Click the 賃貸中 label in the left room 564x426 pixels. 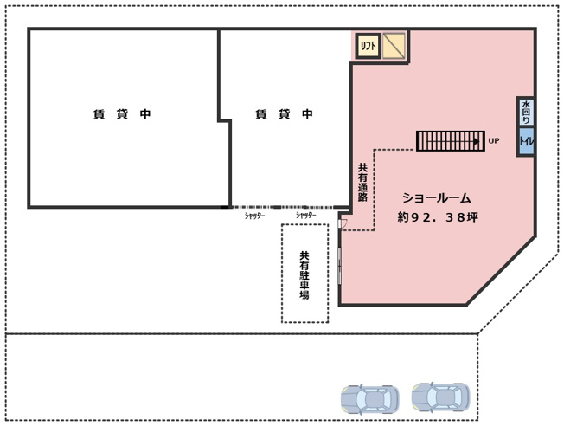click(x=122, y=114)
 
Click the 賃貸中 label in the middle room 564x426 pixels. click(x=284, y=114)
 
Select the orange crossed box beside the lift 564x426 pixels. click(x=394, y=45)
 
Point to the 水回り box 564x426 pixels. click(x=526, y=113)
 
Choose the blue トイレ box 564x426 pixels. click(x=526, y=141)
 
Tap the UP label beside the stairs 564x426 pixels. click(x=494, y=140)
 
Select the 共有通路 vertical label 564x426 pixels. click(x=362, y=182)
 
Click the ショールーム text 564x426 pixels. click(x=436, y=198)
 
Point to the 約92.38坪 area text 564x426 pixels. click(x=438, y=217)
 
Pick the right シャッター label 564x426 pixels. click(x=304, y=216)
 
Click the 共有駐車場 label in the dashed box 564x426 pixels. click(x=304, y=275)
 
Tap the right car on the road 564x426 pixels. click(x=440, y=397)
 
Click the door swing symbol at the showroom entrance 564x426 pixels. click(x=343, y=223)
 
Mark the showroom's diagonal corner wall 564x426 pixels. click(x=502, y=270)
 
